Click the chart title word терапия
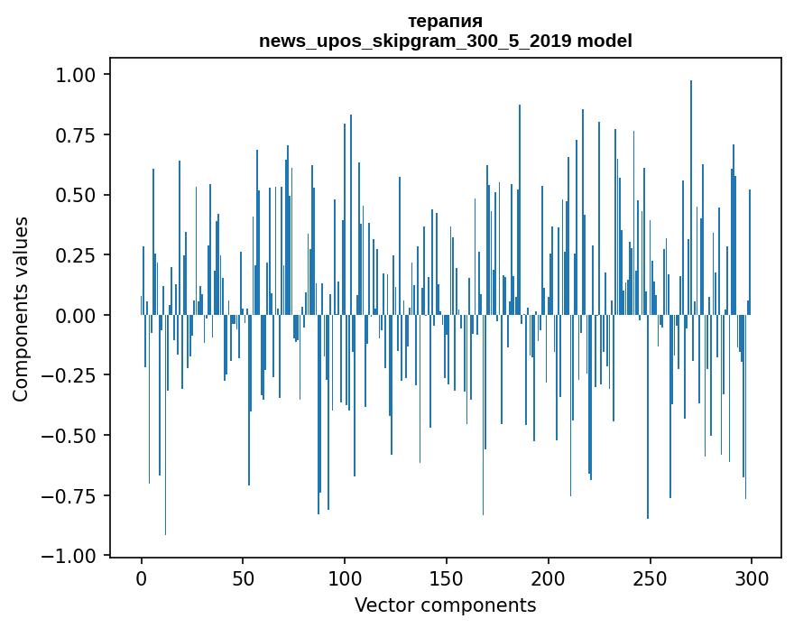(445, 21)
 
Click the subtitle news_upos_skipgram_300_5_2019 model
(445, 41)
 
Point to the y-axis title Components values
(20, 309)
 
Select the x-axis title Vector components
(445, 605)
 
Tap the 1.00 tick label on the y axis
(80, 75)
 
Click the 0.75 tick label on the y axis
(80, 135)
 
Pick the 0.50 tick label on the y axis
(80, 195)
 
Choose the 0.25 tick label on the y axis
(80, 255)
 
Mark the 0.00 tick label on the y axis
(80, 316)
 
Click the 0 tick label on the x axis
(142, 578)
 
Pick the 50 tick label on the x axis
(243, 578)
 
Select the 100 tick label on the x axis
(345, 578)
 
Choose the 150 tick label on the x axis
(446, 578)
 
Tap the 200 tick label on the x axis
(548, 578)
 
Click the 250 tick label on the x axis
(650, 578)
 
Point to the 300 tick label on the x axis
(751, 578)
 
